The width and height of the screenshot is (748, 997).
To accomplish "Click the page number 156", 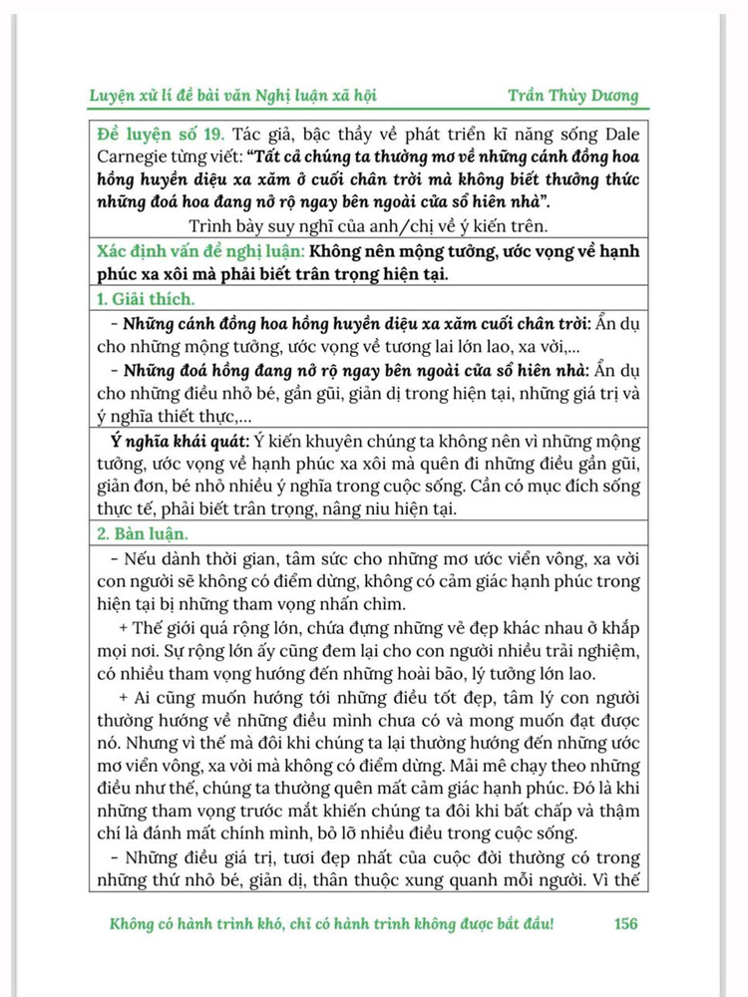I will point(625,923).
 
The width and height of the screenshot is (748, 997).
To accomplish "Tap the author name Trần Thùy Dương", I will point(571,96).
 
